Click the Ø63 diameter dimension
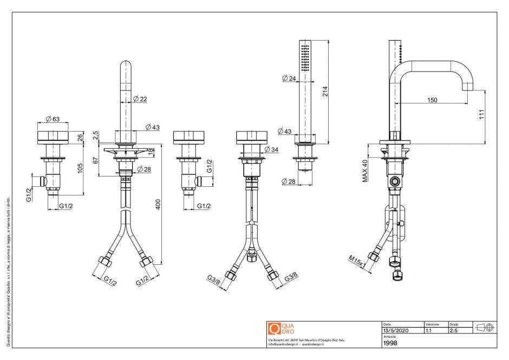click(x=53, y=119)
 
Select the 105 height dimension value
click(x=81, y=168)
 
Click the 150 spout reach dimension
click(x=432, y=100)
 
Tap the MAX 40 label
click(x=365, y=171)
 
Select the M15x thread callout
click(x=356, y=261)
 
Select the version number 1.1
click(x=429, y=330)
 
